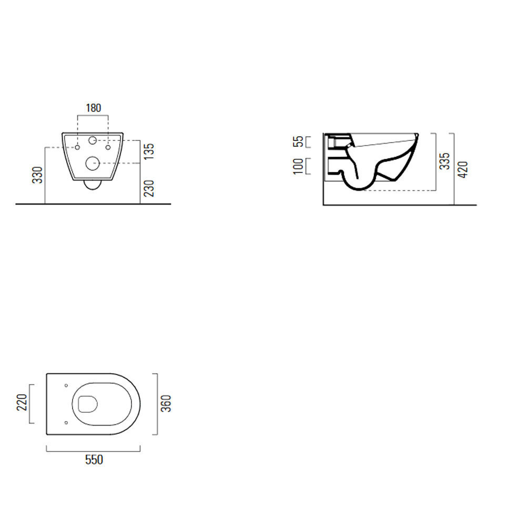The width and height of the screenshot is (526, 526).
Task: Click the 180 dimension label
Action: (x=93, y=108)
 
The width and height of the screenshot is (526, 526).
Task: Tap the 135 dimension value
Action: (x=149, y=151)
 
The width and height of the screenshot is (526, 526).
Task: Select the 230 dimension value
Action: (x=149, y=188)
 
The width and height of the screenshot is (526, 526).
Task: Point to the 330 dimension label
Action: (x=37, y=175)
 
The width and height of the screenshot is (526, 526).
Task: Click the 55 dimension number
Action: (x=298, y=141)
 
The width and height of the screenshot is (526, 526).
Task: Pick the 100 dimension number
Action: (x=298, y=166)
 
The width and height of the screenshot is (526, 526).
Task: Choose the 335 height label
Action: (x=444, y=161)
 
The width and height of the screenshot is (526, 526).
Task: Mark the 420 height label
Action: (x=463, y=170)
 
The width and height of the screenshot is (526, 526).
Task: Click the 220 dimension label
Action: (x=22, y=402)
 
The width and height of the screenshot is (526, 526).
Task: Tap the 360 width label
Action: (x=166, y=403)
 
